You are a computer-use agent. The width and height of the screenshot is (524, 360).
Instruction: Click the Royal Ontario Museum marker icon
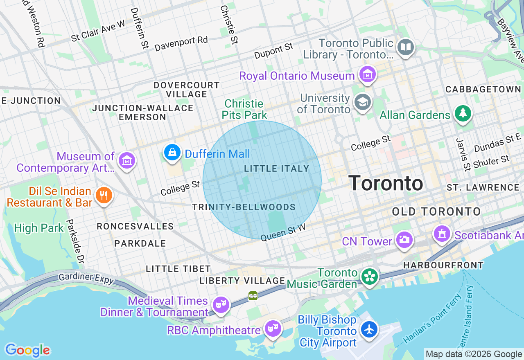click(367, 75)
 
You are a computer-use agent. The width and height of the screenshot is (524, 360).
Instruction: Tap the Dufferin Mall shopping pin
click(172, 153)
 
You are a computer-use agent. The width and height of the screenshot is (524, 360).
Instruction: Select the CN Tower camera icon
click(404, 240)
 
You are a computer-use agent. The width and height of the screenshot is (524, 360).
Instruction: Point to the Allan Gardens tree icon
click(463, 113)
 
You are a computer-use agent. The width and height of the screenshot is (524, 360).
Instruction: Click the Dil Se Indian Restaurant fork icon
click(104, 196)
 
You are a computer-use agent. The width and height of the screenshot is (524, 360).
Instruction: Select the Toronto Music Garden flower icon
click(369, 277)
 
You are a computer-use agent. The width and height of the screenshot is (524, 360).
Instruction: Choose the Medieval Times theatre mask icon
click(221, 305)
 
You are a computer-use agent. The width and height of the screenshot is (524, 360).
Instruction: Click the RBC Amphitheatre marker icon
click(273, 328)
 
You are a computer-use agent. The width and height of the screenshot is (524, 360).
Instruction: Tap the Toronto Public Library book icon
click(406, 47)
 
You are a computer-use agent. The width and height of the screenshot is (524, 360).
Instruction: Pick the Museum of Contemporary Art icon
click(126, 160)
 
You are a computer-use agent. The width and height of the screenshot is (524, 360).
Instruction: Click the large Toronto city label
click(386, 183)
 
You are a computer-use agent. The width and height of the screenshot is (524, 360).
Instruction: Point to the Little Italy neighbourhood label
click(276, 169)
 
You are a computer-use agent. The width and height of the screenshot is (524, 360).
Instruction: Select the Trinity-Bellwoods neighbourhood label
click(244, 207)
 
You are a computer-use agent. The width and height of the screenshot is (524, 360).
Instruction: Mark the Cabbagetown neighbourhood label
click(483, 89)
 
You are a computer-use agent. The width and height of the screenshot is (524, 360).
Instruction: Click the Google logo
click(27, 350)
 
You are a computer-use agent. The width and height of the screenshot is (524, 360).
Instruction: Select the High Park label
click(39, 228)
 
